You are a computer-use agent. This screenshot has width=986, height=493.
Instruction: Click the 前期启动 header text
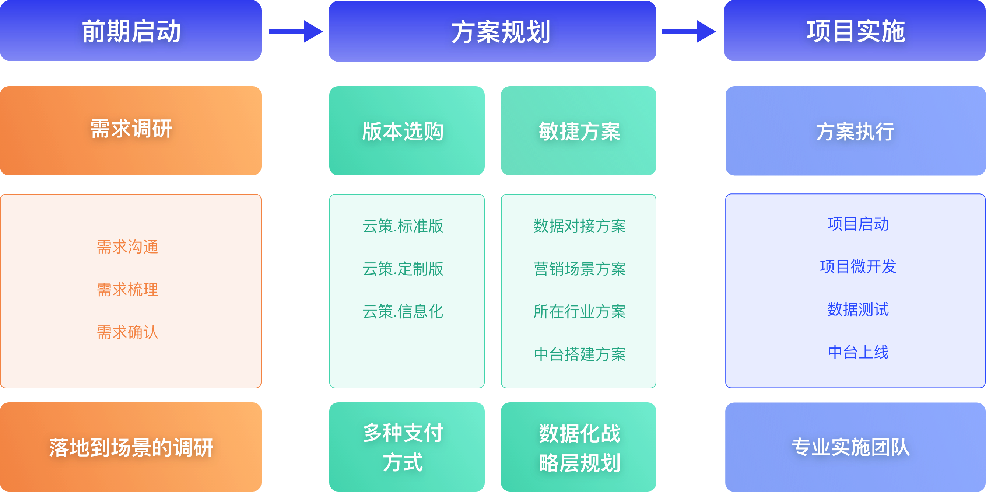[x=131, y=31]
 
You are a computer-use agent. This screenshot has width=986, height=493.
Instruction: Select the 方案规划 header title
[x=501, y=32]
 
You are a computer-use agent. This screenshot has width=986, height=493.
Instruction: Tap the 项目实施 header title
[x=856, y=31]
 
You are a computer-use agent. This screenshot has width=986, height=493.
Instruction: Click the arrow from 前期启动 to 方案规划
[x=295, y=31]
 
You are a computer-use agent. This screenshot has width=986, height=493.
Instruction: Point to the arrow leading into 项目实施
[x=689, y=31]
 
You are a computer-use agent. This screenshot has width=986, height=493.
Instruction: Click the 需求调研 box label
[x=131, y=129]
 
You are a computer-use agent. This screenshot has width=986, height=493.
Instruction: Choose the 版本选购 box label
[x=403, y=131]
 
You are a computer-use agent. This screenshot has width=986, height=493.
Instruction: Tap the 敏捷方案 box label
[x=579, y=131]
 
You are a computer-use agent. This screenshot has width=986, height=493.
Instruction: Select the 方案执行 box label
[x=855, y=132]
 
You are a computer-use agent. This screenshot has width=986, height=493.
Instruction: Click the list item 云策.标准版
[x=403, y=226]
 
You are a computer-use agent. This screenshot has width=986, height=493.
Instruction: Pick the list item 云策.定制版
[x=403, y=269]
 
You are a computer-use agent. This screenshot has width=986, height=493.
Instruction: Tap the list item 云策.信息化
[x=403, y=312]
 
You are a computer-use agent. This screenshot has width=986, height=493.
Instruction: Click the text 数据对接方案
[x=579, y=226]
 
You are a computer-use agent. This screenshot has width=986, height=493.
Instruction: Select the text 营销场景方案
[x=579, y=269]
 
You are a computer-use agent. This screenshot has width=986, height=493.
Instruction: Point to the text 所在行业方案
[x=579, y=312]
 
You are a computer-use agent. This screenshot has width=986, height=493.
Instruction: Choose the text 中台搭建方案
[x=579, y=354]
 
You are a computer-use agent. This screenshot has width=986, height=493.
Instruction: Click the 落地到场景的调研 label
[x=131, y=447]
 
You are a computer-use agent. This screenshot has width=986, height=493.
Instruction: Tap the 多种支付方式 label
[x=403, y=447]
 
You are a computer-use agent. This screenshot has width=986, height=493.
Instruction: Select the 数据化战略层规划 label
[x=579, y=448]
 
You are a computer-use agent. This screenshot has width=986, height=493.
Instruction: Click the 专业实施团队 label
[x=850, y=447]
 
